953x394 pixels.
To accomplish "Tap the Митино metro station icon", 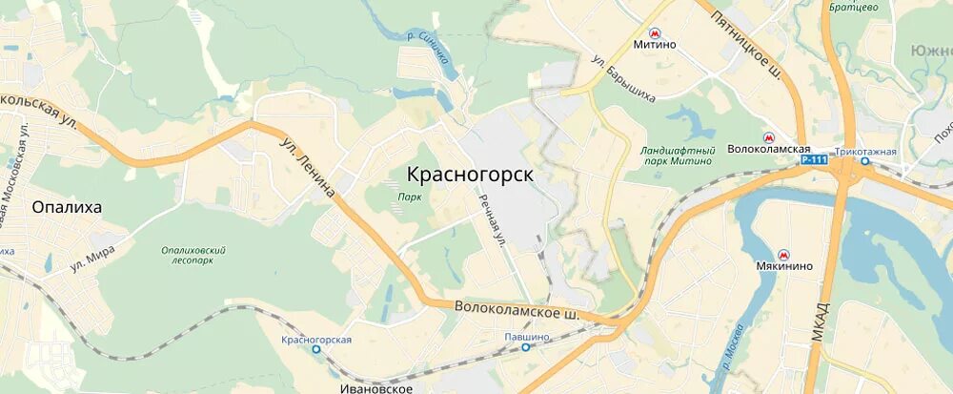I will [x=655, y=31].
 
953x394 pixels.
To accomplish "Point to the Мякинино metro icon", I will [x=784, y=254].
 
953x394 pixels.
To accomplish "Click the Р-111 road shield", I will [x=814, y=160].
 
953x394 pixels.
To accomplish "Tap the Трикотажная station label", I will [x=866, y=151].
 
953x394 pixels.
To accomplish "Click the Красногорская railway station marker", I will [x=316, y=350].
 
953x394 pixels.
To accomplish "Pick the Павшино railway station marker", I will [x=525, y=348].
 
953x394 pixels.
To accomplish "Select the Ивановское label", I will [x=375, y=387].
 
